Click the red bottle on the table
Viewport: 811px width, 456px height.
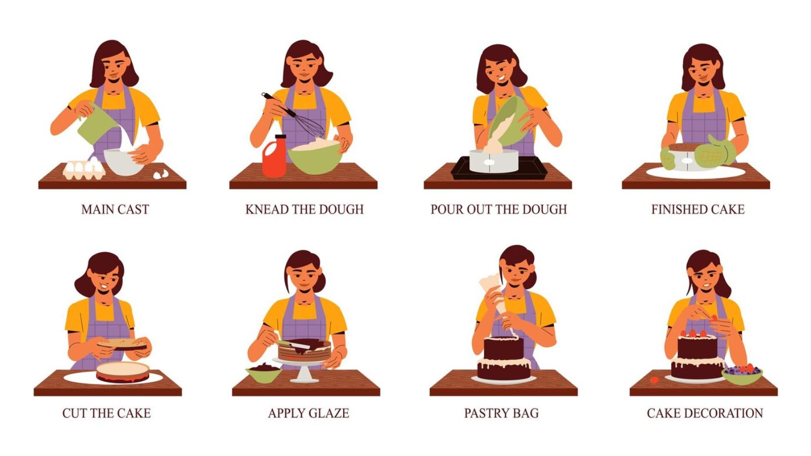274,157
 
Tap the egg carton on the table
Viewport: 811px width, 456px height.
84,170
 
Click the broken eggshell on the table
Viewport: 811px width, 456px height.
161,174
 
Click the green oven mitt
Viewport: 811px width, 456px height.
715,152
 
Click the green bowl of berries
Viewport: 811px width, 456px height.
742,374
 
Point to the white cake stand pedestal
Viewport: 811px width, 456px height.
304,372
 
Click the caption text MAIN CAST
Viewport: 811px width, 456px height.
115,209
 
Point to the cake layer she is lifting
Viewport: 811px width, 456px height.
124,345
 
